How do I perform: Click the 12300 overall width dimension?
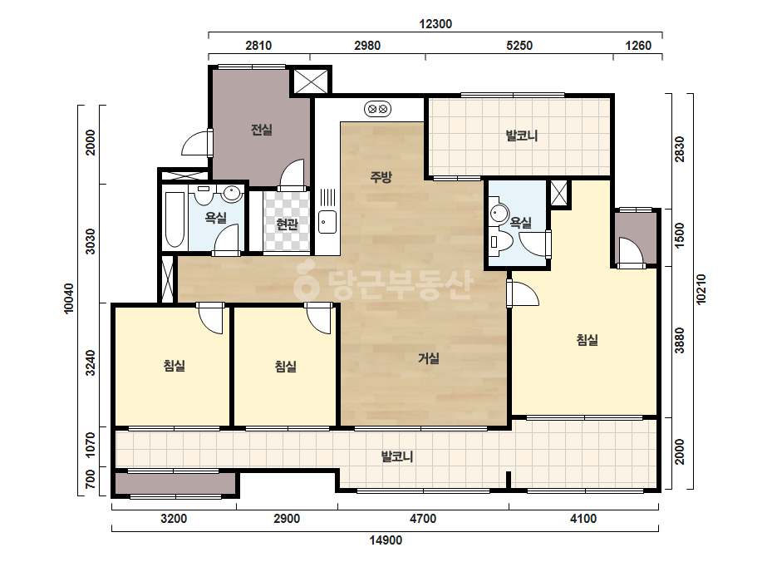coord(435,24)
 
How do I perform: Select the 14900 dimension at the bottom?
coord(386,540)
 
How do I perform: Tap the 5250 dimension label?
coord(519,46)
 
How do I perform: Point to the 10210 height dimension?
coord(701,289)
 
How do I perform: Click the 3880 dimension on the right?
coord(680,341)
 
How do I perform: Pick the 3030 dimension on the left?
coord(91,241)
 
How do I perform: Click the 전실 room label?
coord(261,130)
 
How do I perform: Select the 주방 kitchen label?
coord(381,177)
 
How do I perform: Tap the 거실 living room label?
coord(429,358)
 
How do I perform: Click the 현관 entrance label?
coord(287,224)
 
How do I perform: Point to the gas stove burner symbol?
coord(377,109)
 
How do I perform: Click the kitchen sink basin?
coord(327,222)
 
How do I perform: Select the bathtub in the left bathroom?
coord(175,219)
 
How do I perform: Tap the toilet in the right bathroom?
coord(501,241)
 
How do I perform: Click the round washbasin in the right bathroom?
coord(499,213)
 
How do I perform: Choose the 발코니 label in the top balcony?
coord(521,136)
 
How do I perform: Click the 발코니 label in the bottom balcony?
coord(397,456)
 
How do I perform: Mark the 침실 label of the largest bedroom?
coord(587,340)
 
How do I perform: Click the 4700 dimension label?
coord(423,519)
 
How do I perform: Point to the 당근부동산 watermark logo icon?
coord(306,281)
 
